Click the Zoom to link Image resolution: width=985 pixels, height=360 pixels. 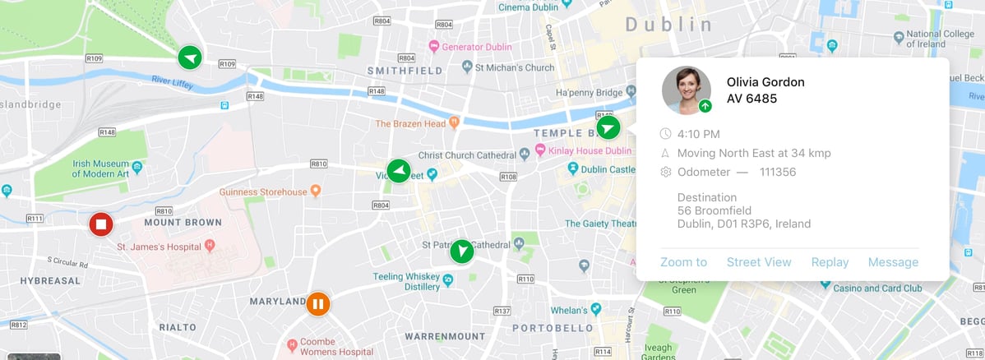coord(683,262)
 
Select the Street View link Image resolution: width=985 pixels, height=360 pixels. coord(758,262)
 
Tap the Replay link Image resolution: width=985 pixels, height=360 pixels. coord(830,262)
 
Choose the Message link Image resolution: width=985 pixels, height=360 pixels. coord(893,262)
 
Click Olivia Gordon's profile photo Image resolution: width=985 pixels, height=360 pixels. coord(686,90)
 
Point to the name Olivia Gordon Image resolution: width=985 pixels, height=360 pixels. coord(765,82)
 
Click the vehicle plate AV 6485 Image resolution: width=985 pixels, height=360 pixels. coord(751,99)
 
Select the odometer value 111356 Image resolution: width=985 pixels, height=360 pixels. coord(777,172)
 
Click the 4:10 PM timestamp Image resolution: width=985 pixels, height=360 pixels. coord(698,134)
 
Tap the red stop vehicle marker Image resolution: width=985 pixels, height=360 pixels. coord(101,224)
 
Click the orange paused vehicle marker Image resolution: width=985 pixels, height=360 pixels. coord(318,304)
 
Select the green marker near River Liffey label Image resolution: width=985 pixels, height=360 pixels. coord(190,58)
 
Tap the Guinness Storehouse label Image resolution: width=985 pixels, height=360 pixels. coord(262,192)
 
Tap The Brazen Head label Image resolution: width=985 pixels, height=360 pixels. coord(410,124)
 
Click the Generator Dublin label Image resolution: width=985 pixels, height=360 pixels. coord(476,47)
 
